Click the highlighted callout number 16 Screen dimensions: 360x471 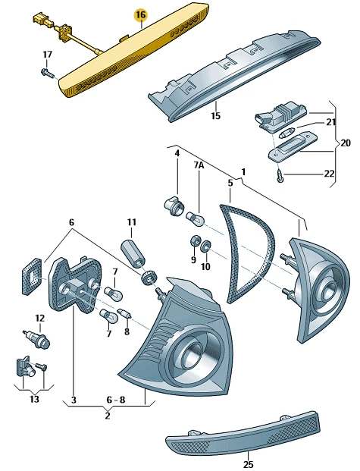[141, 14]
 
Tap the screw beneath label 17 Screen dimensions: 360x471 [48, 72]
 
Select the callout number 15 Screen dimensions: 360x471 [215, 115]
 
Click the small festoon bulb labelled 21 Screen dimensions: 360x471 [286, 133]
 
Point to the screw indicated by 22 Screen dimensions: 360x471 [280, 176]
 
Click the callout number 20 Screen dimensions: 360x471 [345, 143]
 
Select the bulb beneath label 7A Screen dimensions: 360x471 [196, 218]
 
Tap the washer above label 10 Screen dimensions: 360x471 [205, 246]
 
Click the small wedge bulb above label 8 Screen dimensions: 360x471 [124, 313]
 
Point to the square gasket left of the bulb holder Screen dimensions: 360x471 [31, 275]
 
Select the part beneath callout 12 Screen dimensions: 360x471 [37, 339]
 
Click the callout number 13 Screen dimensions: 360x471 [34, 399]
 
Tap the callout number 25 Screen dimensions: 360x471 [249, 464]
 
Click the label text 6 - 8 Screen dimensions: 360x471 [116, 400]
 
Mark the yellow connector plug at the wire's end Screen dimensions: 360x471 [40, 18]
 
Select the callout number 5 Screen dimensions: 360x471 [230, 183]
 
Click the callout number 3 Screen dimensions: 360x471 [74, 400]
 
